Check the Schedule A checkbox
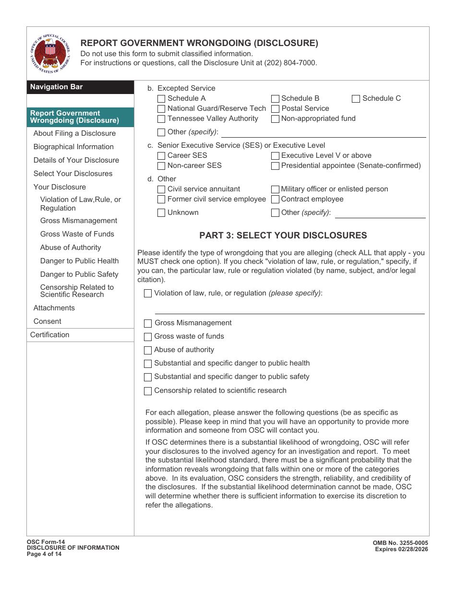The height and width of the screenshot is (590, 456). (161, 99)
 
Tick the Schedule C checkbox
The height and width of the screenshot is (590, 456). (356, 99)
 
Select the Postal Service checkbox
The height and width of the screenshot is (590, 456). (275, 109)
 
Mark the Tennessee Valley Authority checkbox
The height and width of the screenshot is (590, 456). (161, 119)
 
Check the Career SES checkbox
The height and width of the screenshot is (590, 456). (161, 156)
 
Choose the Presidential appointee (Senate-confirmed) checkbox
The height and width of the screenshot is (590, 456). (275, 166)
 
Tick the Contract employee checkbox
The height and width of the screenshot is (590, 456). (275, 200)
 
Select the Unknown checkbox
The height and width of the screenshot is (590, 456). (161, 213)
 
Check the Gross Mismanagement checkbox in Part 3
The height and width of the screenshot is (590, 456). (148, 324)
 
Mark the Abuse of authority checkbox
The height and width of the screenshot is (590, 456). (148, 350)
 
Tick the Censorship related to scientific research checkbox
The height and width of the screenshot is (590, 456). (148, 391)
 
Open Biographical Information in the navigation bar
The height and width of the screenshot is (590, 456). (73, 147)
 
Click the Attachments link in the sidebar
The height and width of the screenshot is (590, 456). (54, 308)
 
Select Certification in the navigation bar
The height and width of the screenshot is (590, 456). (50, 335)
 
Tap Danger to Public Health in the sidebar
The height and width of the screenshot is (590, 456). (79, 261)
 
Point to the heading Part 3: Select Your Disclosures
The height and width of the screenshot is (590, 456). (283, 236)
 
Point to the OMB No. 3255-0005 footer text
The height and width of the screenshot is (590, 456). (400, 543)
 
